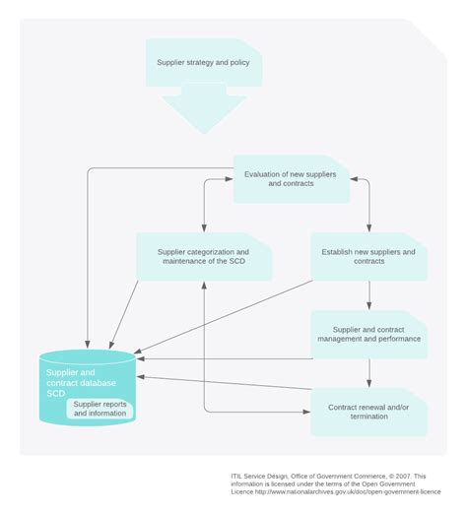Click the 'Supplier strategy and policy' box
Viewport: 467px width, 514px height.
coord(203,64)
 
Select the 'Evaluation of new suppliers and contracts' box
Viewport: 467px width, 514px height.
coord(291,179)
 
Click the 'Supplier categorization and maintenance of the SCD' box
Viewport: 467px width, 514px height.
coord(203,257)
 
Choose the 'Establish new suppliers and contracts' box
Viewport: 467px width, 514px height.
coord(368,257)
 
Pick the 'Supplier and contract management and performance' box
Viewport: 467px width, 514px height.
coord(368,334)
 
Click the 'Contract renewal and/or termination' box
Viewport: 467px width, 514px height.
coord(368,412)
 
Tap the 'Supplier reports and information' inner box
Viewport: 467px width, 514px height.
coord(100,409)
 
